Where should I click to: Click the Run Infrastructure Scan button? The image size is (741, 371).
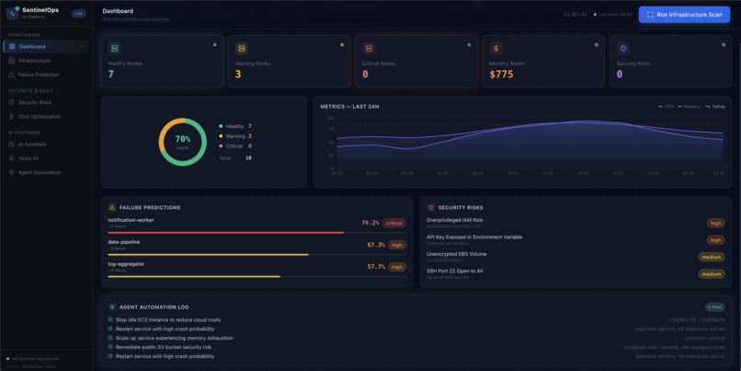click(x=684, y=15)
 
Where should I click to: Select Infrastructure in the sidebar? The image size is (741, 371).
click(x=35, y=61)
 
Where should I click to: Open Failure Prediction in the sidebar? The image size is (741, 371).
click(x=39, y=75)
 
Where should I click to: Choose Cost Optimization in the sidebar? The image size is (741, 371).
click(x=40, y=117)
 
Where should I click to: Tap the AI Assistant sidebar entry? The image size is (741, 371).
click(x=32, y=145)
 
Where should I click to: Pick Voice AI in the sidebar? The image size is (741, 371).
click(x=28, y=158)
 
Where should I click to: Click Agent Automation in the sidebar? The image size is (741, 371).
click(x=40, y=172)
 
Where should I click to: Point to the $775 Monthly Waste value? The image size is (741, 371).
click(x=501, y=75)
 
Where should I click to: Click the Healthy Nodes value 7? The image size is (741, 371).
click(x=111, y=75)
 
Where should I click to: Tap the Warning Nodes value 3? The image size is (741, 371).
click(x=238, y=75)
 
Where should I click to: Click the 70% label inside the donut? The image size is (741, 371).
click(x=183, y=139)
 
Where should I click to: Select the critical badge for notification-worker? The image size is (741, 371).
click(x=394, y=223)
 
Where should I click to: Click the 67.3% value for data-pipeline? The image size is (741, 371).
click(x=376, y=245)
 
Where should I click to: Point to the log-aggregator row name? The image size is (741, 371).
click(x=126, y=264)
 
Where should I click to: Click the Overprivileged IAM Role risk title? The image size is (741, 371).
click(x=454, y=220)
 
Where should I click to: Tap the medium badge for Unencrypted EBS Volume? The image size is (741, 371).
click(x=711, y=257)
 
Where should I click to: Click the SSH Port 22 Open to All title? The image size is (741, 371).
click(x=454, y=271)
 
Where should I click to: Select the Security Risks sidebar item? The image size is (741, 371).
click(x=35, y=102)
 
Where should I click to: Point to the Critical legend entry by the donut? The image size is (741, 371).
click(x=234, y=146)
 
